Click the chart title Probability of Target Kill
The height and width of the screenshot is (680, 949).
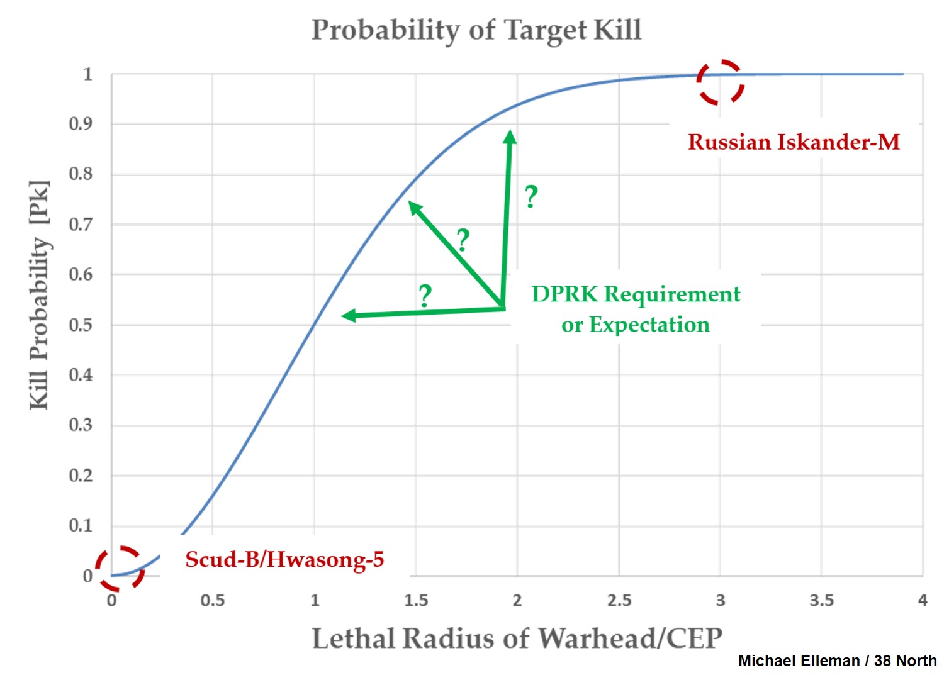click(x=476, y=30)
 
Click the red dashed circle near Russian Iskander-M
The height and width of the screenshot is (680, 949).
click(x=720, y=82)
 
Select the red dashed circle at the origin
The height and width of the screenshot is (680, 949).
click(x=120, y=568)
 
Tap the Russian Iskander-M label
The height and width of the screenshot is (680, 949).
click(x=794, y=142)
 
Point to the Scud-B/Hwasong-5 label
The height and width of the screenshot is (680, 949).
click(x=284, y=559)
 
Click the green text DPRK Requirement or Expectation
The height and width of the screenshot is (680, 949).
click(x=636, y=309)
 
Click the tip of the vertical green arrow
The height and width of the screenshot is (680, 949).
click(x=510, y=132)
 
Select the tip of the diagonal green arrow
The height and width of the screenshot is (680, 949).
click(x=410, y=203)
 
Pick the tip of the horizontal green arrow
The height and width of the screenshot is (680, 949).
click(x=344, y=316)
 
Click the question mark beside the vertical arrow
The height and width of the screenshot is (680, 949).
click(x=531, y=197)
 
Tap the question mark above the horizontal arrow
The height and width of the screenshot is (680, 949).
click(x=425, y=296)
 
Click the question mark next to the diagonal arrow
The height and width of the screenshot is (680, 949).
click(x=463, y=240)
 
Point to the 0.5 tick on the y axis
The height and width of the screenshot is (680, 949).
click(x=81, y=325)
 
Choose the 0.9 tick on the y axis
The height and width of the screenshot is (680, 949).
click(x=81, y=124)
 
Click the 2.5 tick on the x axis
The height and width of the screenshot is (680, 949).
click(x=619, y=601)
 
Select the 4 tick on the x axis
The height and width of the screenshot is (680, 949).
click(x=923, y=601)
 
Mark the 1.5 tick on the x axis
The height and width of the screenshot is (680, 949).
click(x=416, y=601)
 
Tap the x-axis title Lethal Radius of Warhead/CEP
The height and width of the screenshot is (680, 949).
click(x=517, y=638)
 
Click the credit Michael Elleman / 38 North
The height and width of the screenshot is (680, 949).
click(x=837, y=661)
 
